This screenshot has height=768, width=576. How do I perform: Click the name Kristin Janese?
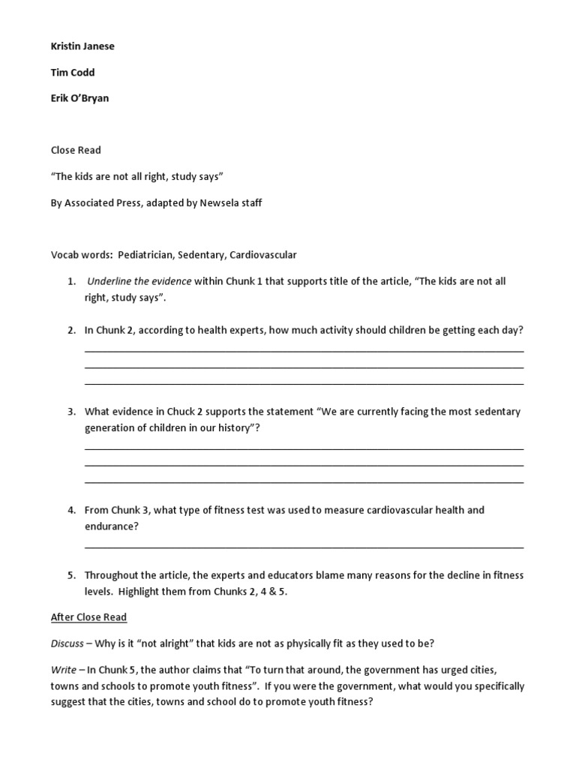(x=82, y=46)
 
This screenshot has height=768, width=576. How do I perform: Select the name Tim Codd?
(x=73, y=72)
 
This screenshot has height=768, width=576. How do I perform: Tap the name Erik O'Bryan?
(x=79, y=98)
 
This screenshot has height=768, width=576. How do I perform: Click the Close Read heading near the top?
(x=76, y=150)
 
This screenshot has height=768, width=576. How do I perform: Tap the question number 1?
(x=71, y=282)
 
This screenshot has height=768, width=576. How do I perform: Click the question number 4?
(x=71, y=510)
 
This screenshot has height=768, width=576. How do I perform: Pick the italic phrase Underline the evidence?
(x=139, y=282)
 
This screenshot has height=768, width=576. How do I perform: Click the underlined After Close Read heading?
(x=88, y=617)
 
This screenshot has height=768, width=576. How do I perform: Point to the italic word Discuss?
(x=67, y=643)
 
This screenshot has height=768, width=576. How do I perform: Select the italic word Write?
(x=63, y=670)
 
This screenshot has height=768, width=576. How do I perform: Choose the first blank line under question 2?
(x=304, y=351)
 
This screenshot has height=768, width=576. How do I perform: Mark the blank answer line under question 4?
(x=304, y=547)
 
